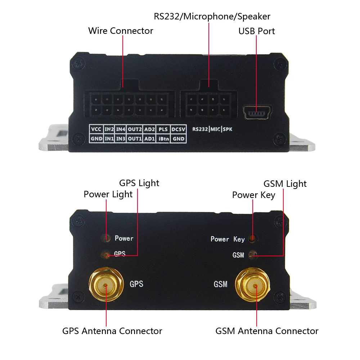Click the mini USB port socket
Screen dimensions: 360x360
257,112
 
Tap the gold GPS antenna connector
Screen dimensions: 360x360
106,285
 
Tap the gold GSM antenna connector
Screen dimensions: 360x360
253,285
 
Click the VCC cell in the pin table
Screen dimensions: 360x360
96,129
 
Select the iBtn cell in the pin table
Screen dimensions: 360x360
163,139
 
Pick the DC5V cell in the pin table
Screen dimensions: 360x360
178,129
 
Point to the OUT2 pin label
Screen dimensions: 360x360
135,129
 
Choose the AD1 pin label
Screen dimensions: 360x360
149,139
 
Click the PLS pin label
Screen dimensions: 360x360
163,129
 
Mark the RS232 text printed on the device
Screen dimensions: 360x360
200,129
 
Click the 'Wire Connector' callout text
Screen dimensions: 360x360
121,31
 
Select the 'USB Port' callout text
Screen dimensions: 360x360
256,31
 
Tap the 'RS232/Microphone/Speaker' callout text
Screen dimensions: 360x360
212,17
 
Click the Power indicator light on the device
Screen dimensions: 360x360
106,238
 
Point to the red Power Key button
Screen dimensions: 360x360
253,239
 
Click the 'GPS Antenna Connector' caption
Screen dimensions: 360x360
112,331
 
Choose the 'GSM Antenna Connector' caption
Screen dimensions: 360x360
267,331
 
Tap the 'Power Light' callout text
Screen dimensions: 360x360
108,194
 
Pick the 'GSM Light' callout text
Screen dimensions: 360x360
285,184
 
